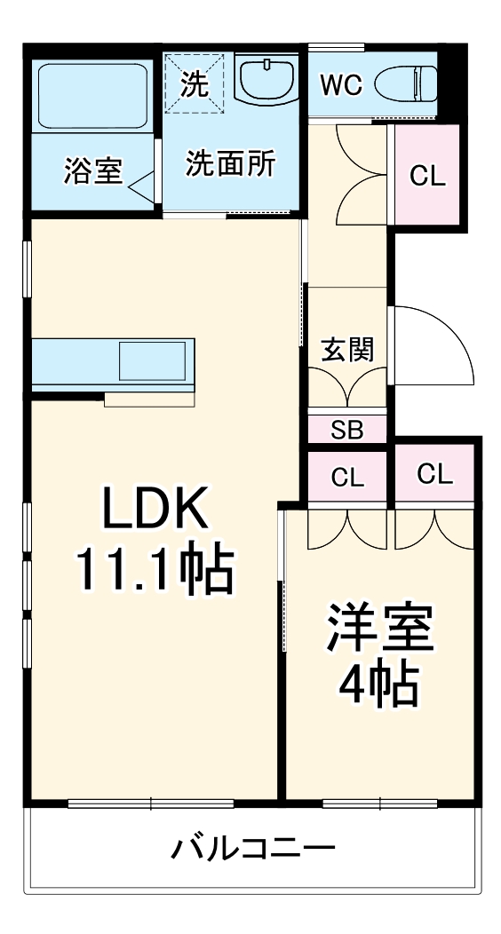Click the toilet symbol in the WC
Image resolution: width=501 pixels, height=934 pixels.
(406, 84)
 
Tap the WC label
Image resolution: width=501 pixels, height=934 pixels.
(341, 85)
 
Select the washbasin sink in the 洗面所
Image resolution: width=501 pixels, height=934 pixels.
(266, 79)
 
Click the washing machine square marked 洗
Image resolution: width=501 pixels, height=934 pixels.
(195, 83)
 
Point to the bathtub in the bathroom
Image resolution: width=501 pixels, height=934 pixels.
(93, 95)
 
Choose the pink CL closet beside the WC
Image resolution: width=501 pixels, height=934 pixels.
(427, 175)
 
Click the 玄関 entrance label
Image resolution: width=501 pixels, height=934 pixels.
(347, 350)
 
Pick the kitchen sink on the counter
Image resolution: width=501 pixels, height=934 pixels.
(152, 360)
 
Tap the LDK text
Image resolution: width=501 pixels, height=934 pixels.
(155, 508)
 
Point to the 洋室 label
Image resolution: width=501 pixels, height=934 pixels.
(379, 629)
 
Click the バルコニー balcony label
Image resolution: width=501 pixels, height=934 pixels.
(253, 847)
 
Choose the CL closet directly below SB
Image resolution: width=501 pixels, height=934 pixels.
(347, 477)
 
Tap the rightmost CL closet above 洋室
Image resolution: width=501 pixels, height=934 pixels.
(434, 474)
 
